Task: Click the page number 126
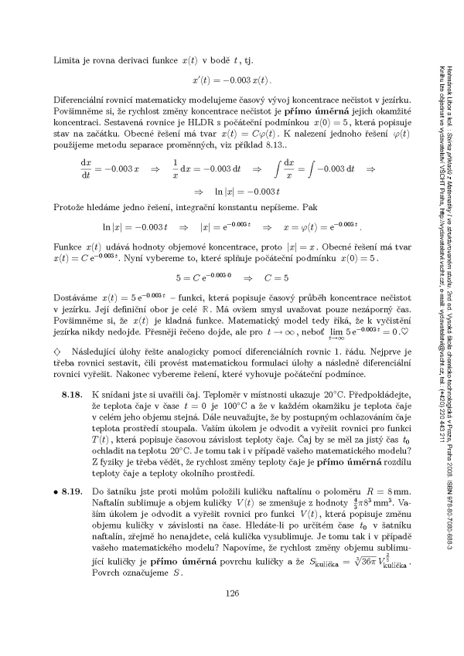point(231,615)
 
